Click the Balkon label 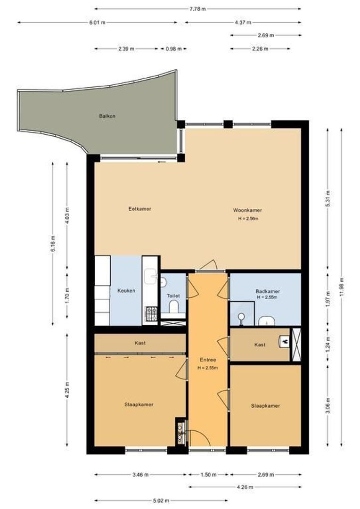pyautogui.click(x=107, y=115)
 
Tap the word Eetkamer pyautogui.click(x=139, y=209)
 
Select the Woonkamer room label pyautogui.click(x=247, y=210)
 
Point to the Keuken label pyautogui.click(x=126, y=291)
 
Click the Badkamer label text pyautogui.click(x=267, y=291)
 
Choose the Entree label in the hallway pyautogui.click(x=207, y=360)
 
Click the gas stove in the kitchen pyautogui.click(x=151, y=314)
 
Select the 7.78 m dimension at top pyautogui.click(x=197, y=8)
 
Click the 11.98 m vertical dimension pyautogui.click(x=341, y=287)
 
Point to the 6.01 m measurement pyautogui.click(x=97, y=22)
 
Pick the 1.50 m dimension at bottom pyautogui.click(x=207, y=475)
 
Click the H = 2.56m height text pyautogui.click(x=248, y=219)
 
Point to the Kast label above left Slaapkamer pyautogui.click(x=139, y=343)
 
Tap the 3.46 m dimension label pyautogui.click(x=140, y=475)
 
